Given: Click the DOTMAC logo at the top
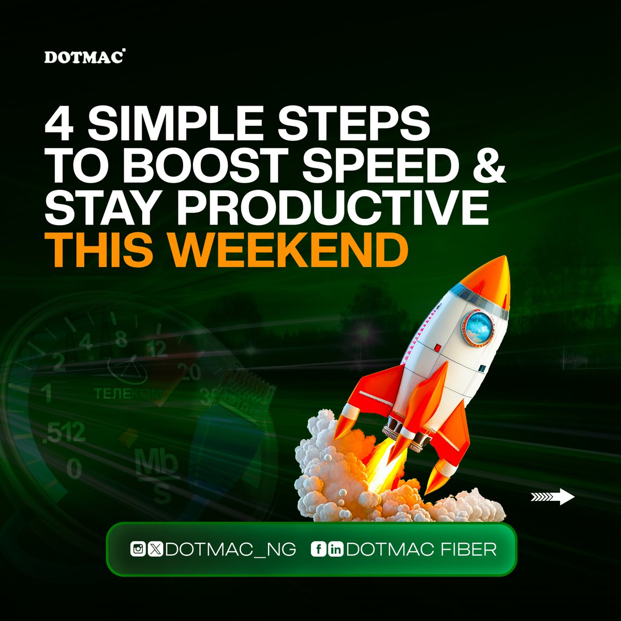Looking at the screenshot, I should click(x=84, y=56).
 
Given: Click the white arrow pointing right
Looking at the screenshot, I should click(x=553, y=497).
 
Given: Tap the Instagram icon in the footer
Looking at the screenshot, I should click(x=138, y=550).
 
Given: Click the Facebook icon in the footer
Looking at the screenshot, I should click(x=317, y=550).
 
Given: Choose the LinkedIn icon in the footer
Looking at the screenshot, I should click(x=335, y=550).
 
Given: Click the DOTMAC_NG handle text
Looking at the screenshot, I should click(x=230, y=550).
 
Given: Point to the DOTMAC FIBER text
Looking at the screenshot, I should click(x=421, y=550).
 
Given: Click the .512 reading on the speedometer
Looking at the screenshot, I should click(x=65, y=433).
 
